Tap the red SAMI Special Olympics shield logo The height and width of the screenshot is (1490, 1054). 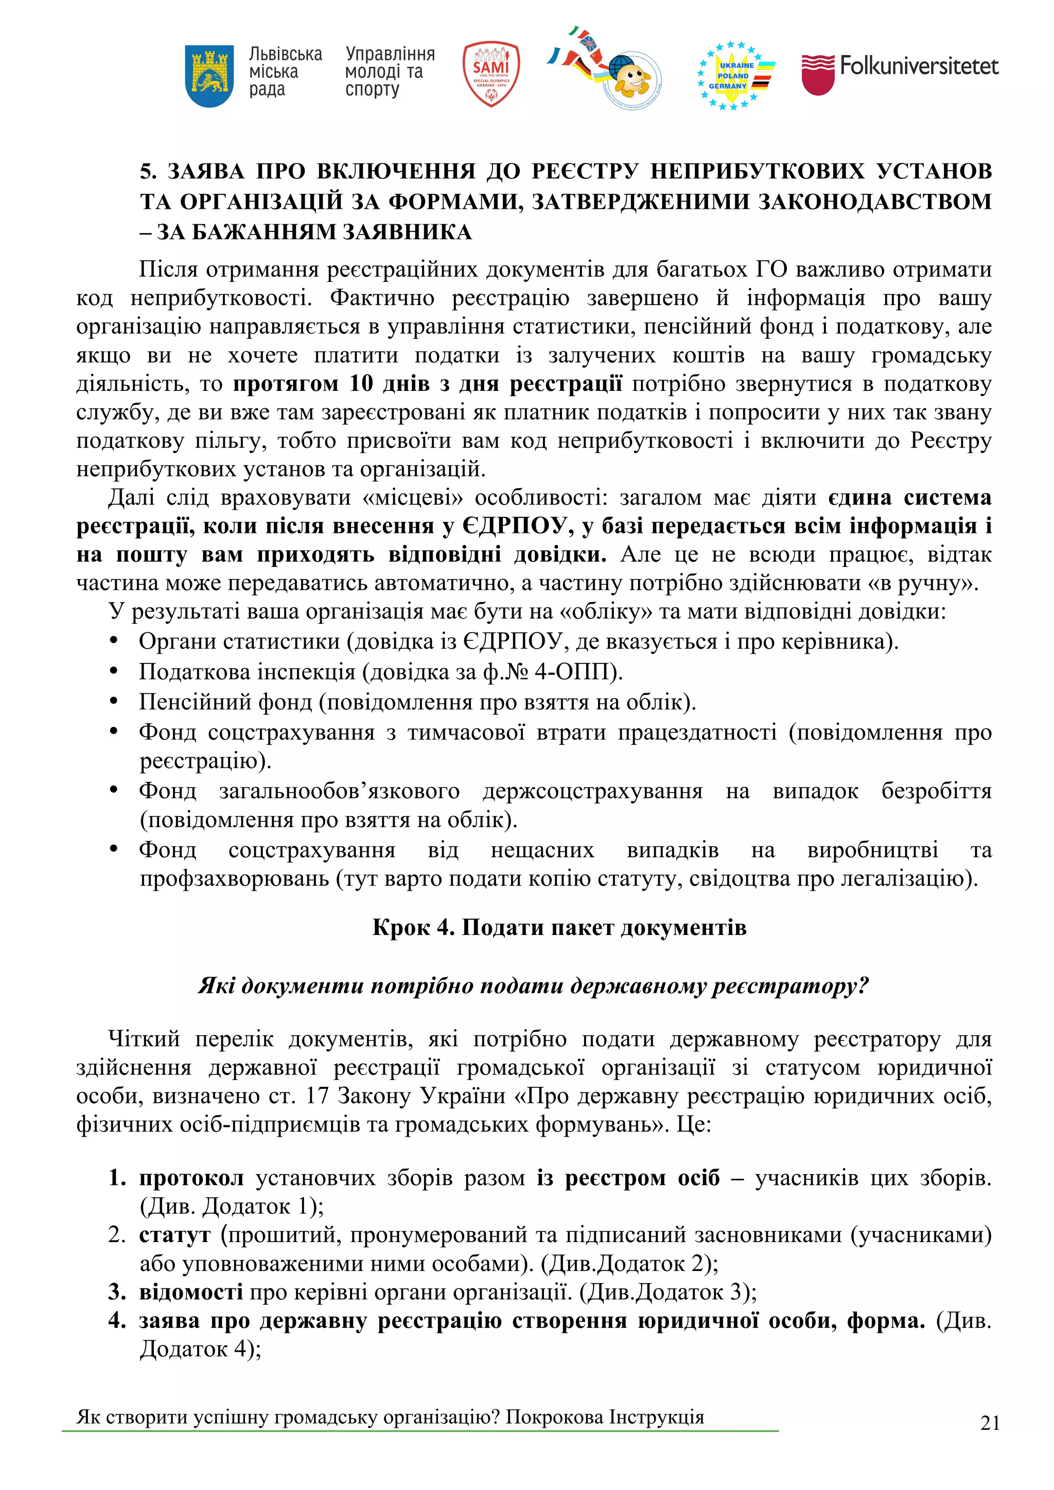tap(490, 74)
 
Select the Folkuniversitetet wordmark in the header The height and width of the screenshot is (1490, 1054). tap(918, 65)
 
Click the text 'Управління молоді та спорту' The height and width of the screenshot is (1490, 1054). tap(389, 71)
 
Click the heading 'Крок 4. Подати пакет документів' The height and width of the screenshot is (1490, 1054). tap(558, 927)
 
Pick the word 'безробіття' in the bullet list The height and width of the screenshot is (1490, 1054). tap(935, 791)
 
